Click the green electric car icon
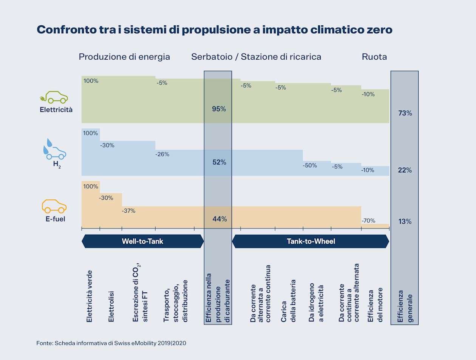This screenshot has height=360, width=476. tap(54, 97)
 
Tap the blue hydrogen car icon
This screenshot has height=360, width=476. tap(55, 150)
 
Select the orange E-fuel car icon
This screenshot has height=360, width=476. tap(54, 206)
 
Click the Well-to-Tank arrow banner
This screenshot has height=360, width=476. tap(142, 241)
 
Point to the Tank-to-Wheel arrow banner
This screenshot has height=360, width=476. tap(311, 241)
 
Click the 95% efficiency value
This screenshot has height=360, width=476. tap(219, 109)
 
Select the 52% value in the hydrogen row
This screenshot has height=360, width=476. tap(219, 162)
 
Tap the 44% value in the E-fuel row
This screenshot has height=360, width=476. tap(219, 219)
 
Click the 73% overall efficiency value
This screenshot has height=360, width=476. tap(405, 113)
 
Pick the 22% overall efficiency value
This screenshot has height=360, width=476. tap(405, 170)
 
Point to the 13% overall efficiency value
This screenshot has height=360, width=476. tap(405, 222)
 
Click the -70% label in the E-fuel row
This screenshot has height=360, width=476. tap(368, 221)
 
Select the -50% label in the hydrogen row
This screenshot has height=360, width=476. tap(310, 165)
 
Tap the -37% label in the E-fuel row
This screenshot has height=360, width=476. tap(128, 211)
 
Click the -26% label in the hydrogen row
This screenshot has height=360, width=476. tap(162, 155)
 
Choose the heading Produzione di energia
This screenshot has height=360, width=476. tap(124, 57)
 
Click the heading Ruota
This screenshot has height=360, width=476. tap(374, 57)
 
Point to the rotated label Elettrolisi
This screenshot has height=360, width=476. tap(111, 306)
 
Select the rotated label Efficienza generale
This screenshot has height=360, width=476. tap(405, 306)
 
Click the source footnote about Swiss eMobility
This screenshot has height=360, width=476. tap(111, 343)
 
